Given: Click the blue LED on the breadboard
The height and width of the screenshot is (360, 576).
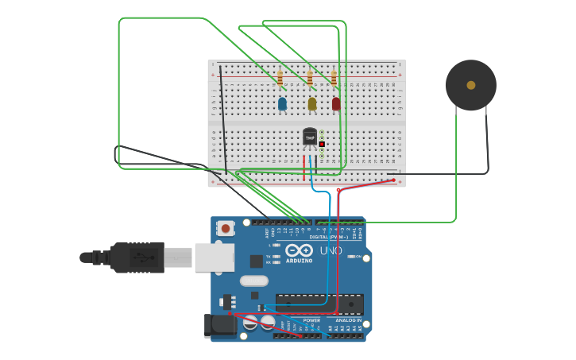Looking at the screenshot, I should click(x=282, y=103).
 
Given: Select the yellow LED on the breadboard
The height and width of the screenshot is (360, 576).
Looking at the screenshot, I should click(x=312, y=103).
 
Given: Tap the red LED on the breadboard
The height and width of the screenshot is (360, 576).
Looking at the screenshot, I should click(x=336, y=103).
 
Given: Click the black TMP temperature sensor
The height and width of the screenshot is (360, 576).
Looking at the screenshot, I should click(x=310, y=137).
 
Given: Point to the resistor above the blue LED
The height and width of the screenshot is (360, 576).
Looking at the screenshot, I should click(x=280, y=78).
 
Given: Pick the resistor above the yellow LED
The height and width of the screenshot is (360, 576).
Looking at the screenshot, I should click(x=310, y=78).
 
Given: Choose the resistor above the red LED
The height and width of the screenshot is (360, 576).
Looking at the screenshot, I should click(x=334, y=78).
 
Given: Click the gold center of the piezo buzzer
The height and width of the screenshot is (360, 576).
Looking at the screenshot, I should click(x=471, y=85).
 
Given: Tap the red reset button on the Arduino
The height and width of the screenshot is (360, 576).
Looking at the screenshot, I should click(x=226, y=229).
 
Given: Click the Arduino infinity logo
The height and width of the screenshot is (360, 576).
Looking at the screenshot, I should click(x=300, y=250).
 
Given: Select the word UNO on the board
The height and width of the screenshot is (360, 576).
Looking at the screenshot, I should click(x=331, y=250).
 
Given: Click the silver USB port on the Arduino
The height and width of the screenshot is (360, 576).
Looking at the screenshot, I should click(x=215, y=257).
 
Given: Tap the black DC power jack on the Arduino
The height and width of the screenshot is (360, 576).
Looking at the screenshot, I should click(x=219, y=325).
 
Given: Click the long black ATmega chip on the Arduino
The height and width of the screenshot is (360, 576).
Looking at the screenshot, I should click(x=319, y=304).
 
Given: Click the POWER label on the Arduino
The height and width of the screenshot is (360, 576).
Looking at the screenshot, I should click(x=311, y=320).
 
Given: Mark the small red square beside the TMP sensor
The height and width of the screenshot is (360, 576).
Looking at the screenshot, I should click(x=322, y=144).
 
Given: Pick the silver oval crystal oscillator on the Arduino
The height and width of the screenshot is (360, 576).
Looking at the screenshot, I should click(x=254, y=281).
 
